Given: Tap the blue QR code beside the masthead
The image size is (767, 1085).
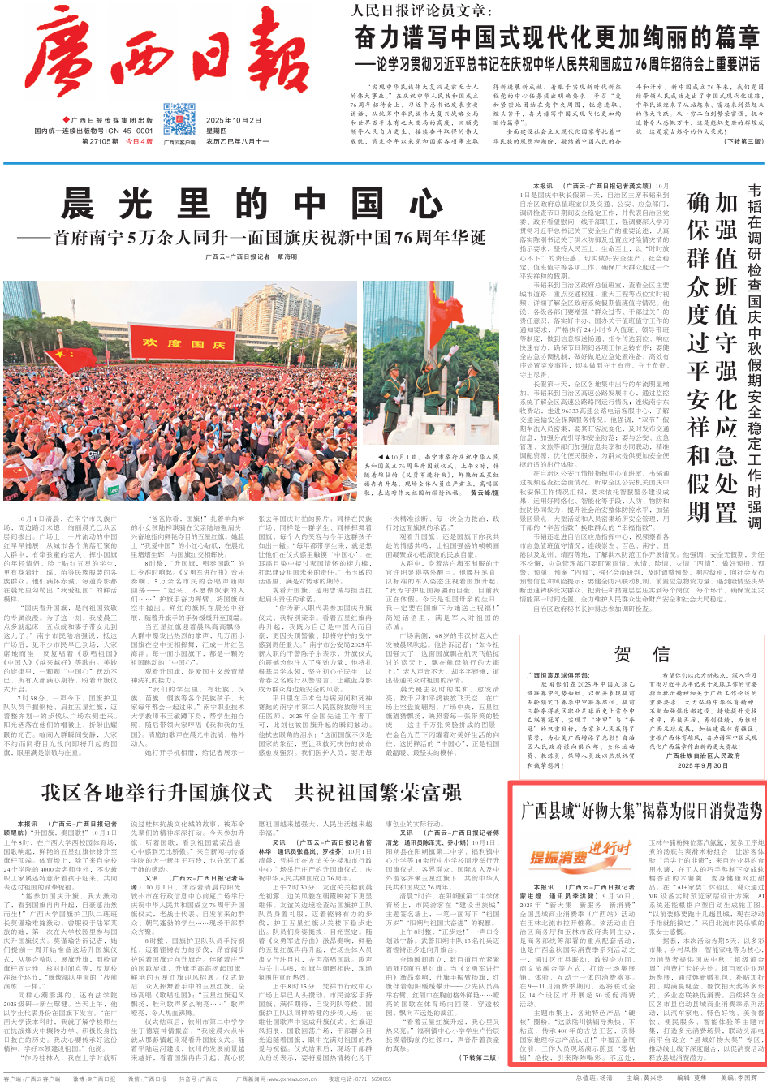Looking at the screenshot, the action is [179, 119].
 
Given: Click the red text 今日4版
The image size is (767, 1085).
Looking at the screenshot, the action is [139, 141].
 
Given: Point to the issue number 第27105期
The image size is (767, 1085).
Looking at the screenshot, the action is [100, 141].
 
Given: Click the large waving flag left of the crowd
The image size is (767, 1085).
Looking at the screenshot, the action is [70, 362].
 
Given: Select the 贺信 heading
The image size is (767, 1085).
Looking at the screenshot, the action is [641, 655].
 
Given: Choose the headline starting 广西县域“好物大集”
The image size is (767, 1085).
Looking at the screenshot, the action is [640, 810].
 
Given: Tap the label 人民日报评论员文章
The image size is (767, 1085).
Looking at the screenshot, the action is [422, 11].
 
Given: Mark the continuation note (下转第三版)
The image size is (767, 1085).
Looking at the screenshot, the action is [742, 141].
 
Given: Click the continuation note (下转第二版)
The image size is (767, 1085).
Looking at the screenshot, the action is [480, 1057].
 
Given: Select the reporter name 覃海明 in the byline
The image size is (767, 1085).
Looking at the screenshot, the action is [287, 256].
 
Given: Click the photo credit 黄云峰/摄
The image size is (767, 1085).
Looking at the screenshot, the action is [484, 492].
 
